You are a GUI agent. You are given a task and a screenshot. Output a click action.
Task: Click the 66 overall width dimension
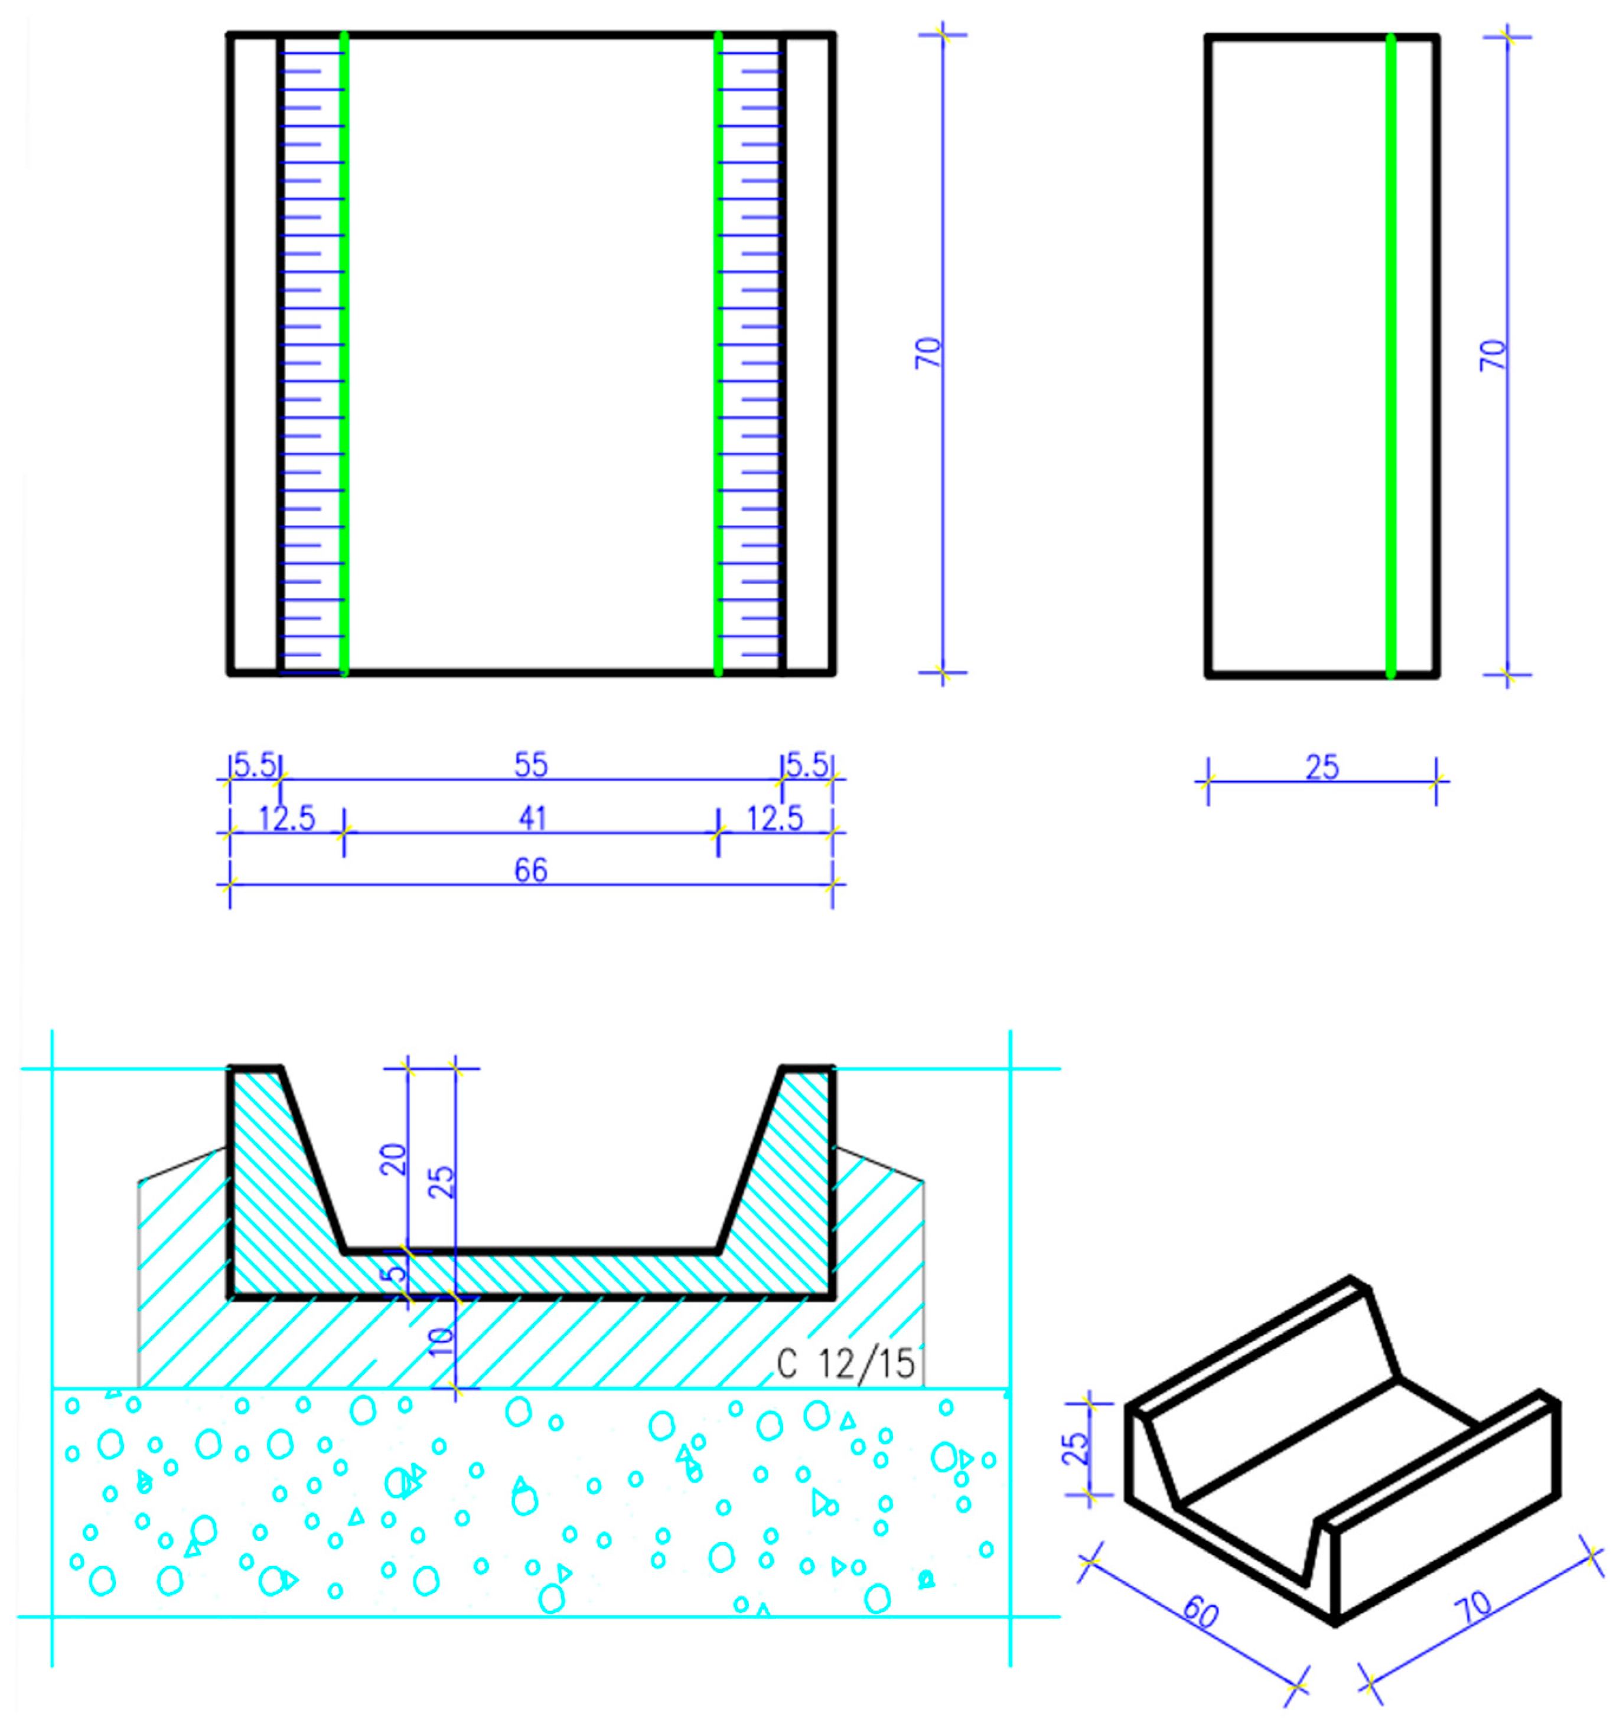point(531,870)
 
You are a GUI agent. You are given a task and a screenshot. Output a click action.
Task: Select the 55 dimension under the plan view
point(531,765)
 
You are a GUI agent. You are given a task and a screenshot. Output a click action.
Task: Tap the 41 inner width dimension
point(532,818)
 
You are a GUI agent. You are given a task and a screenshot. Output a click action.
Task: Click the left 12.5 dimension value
point(287,818)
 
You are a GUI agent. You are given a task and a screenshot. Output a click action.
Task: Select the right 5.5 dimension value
point(807,765)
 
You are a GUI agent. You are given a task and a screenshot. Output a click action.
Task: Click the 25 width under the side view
point(1322,766)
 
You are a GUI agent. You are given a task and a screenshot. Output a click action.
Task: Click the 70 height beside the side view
point(1493,355)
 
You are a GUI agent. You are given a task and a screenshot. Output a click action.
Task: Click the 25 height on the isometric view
point(1074,1448)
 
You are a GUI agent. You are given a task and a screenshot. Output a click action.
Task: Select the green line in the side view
point(1390,355)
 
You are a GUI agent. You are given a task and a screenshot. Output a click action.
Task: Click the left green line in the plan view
point(344,355)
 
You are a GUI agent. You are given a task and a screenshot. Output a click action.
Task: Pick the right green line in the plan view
point(718,355)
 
